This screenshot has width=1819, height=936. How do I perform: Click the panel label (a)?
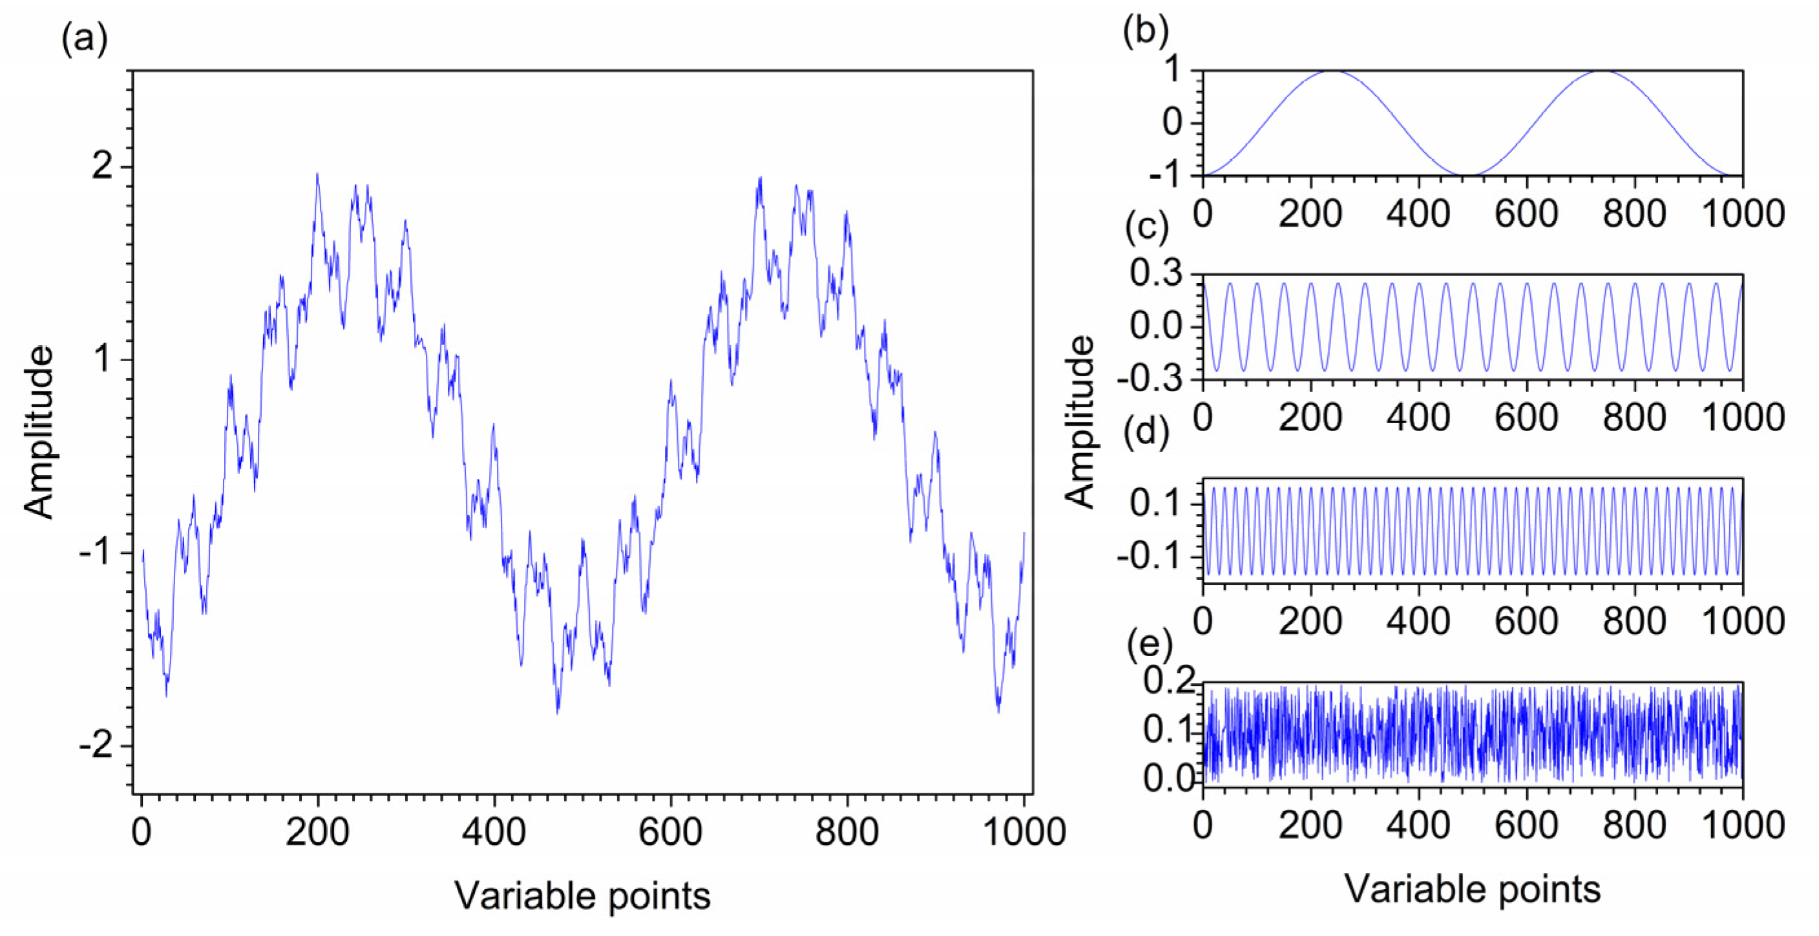(85, 40)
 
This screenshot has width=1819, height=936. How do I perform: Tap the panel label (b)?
(1145, 32)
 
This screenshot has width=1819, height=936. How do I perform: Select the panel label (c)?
(1145, 228)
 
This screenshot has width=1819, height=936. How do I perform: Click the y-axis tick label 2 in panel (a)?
(103, 167)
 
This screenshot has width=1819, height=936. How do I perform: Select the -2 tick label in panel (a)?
(96, 746)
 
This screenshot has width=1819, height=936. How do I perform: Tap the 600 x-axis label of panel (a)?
(670, 832)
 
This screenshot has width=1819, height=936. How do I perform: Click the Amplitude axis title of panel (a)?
(39, 432)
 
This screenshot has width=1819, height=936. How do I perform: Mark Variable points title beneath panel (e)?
(1472, 889)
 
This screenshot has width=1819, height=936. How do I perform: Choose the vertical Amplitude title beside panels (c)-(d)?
(1080, 421)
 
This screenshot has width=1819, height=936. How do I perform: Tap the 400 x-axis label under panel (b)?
(1418, 213)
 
